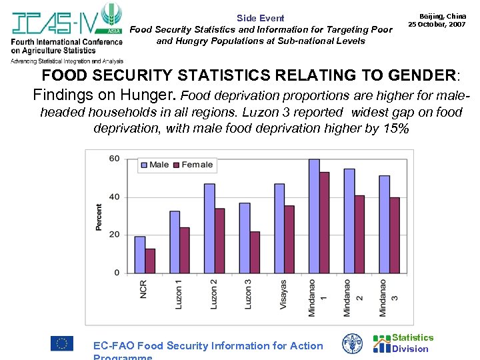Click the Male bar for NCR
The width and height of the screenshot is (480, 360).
pyautogui.click(x=139, y=255)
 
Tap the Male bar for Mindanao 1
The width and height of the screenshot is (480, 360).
pyautogui.click(x=314, y=216)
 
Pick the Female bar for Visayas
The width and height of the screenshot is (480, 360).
pyautogui.click(x=289, y=239)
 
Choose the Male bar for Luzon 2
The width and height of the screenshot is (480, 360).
pyautogui.click(x=209, y=228)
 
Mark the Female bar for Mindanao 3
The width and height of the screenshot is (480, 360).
pyautogui.click(x=395, y=235)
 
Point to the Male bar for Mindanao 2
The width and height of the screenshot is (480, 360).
pyautogui.click(x=349, y=221)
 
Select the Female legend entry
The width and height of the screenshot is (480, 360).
pyautogui.click(x=193, y=165)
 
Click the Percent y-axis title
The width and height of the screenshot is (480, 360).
pyautogui.click(x=99, y=217)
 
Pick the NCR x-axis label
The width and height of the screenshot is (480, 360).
pyautogui.click(x=143, y=288)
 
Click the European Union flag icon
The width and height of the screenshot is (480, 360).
pyautogui.click(x=62, y=343)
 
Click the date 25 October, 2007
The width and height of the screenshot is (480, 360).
pyautogui.click(x=437, y=24)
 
